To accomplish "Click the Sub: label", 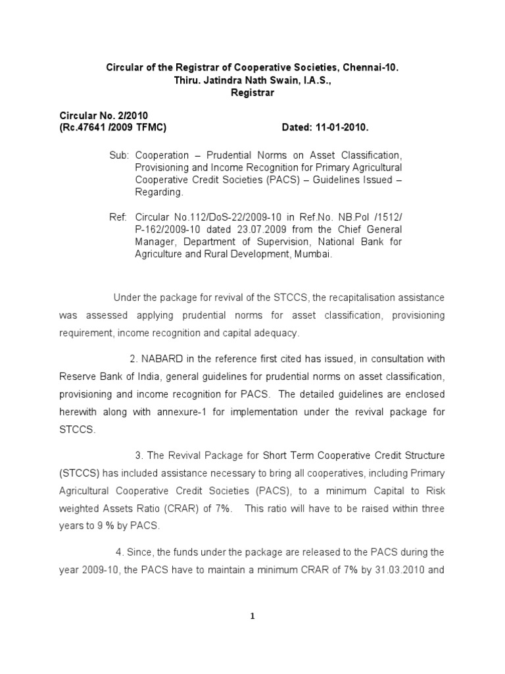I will (118, 155).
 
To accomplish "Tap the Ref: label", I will (118, 217).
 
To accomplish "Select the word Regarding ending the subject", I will (156, 193).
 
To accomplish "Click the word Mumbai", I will (310, 255).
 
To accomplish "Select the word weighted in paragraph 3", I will (81, 509).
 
